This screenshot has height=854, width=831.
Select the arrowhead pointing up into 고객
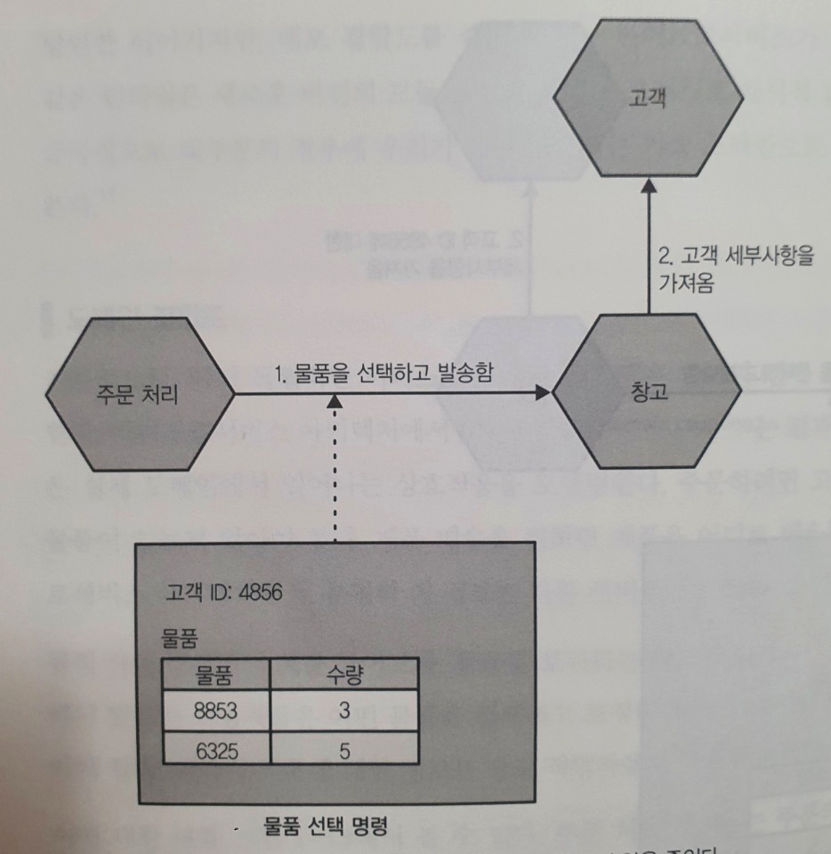[648, 187]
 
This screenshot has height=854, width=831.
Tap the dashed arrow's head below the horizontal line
[334, 404]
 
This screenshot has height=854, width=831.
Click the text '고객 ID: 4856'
[224, 592]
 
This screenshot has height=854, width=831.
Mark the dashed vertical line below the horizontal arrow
[334, 471]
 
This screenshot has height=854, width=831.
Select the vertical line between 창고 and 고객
[648, 258]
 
